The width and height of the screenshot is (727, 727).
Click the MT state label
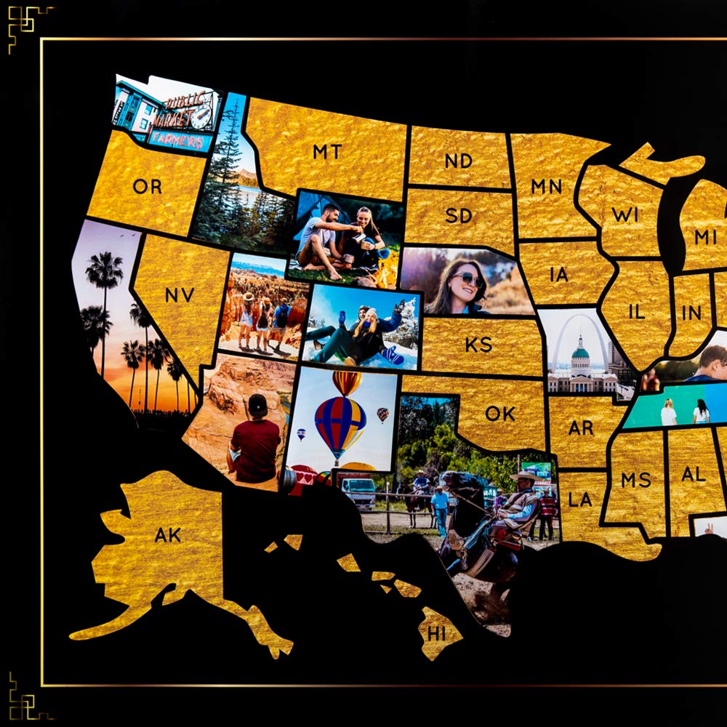pyautogui.click(x=326, y=152)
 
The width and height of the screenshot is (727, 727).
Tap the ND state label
pyautogui.click(x=458, y=161)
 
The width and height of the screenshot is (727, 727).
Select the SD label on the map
pyautogui.click(x=459, y=217)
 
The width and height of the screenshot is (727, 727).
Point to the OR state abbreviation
pyautogui.click(x=147, y=187)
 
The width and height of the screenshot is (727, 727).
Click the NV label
pyautogui.click(x=179, y=294)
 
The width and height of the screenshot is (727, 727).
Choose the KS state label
pyautogui.click(x=478, y=344)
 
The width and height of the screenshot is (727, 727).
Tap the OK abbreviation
pyautogui.click(x=500, y=414)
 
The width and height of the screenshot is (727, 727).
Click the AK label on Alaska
pyautogui.click(x=168, y=535)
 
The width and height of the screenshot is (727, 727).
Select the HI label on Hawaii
pyautogui.click(x=436, y=633)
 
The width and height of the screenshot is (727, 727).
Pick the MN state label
pyautogui.click(x=546, y=187)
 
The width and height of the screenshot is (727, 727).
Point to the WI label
pyautogui.click(x=624, y=215)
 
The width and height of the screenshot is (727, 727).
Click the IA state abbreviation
pyautogui.click(x=558, y=275)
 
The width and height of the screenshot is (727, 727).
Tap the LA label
pyautogui.click(x=580, y=499)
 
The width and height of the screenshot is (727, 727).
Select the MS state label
pyautogui.click(x=635, y=480)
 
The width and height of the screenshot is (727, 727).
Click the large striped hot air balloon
pyautogui.click(x=340, y=423)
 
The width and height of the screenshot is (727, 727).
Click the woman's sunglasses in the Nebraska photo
pyautogui.click(x=467, y=279)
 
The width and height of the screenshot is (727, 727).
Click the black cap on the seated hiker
pyautogui.click(x=258, y=403)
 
